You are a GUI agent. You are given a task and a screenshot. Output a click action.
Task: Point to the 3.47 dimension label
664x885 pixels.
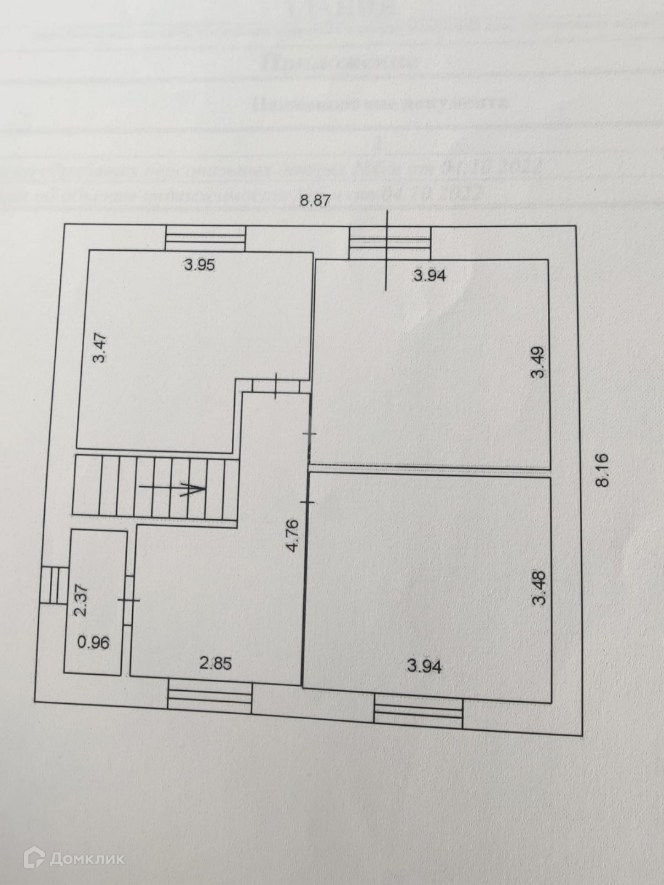point(101,348)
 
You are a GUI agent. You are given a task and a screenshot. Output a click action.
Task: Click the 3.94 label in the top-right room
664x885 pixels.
point(429,276)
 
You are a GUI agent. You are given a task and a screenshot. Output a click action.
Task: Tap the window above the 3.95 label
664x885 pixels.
point(205,238)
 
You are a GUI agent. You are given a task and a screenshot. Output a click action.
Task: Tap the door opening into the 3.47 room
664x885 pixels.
point(276,386)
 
